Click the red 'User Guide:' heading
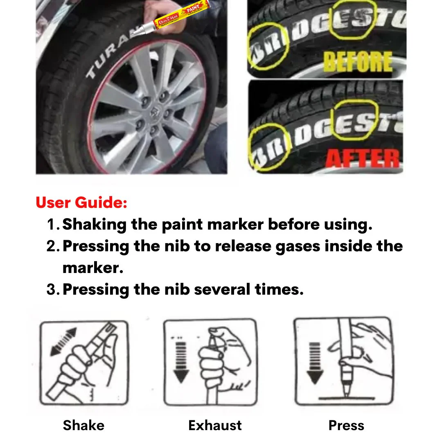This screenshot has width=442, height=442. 81,203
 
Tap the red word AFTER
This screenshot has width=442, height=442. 363,158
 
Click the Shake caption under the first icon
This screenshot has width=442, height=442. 83,425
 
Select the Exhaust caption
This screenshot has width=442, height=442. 215,425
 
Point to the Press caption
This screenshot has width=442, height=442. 346,425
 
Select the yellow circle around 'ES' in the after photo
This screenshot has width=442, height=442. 355,120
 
